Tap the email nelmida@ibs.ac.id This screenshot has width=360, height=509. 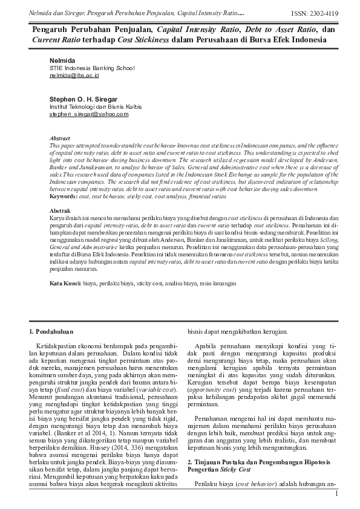(x=74, y=76)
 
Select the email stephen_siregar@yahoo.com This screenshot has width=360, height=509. (x=89, y=114)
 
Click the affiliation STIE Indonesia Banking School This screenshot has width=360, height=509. (x=91, y=69)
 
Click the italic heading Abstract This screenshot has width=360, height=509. (x=60, y=138)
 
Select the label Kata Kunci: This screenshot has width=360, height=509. (x=65, y=283)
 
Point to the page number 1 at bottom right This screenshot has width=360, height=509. (x=336, y=494)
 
